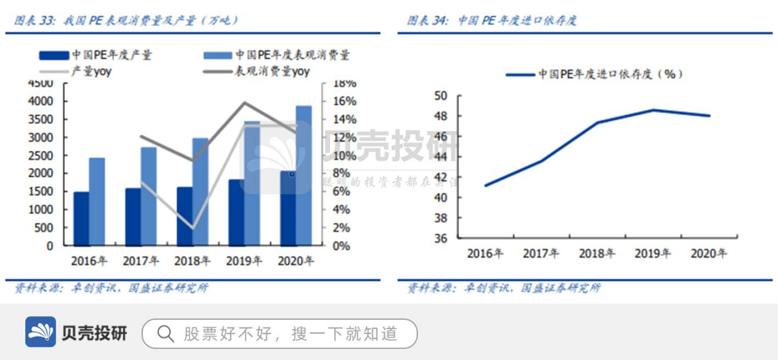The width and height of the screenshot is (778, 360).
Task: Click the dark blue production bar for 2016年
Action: (x=82, y=219)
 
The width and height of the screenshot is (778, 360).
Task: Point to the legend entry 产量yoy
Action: (x=90, y=71)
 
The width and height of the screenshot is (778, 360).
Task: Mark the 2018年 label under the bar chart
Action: (x=192, y=261)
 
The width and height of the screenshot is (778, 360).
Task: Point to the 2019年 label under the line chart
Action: (x=652, y=254)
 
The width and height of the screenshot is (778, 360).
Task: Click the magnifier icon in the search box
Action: (x=166, y=333)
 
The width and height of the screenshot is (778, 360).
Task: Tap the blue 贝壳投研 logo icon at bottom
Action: (x=41, y=333)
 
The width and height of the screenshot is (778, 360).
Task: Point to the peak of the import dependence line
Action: (x=654, y=110)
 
